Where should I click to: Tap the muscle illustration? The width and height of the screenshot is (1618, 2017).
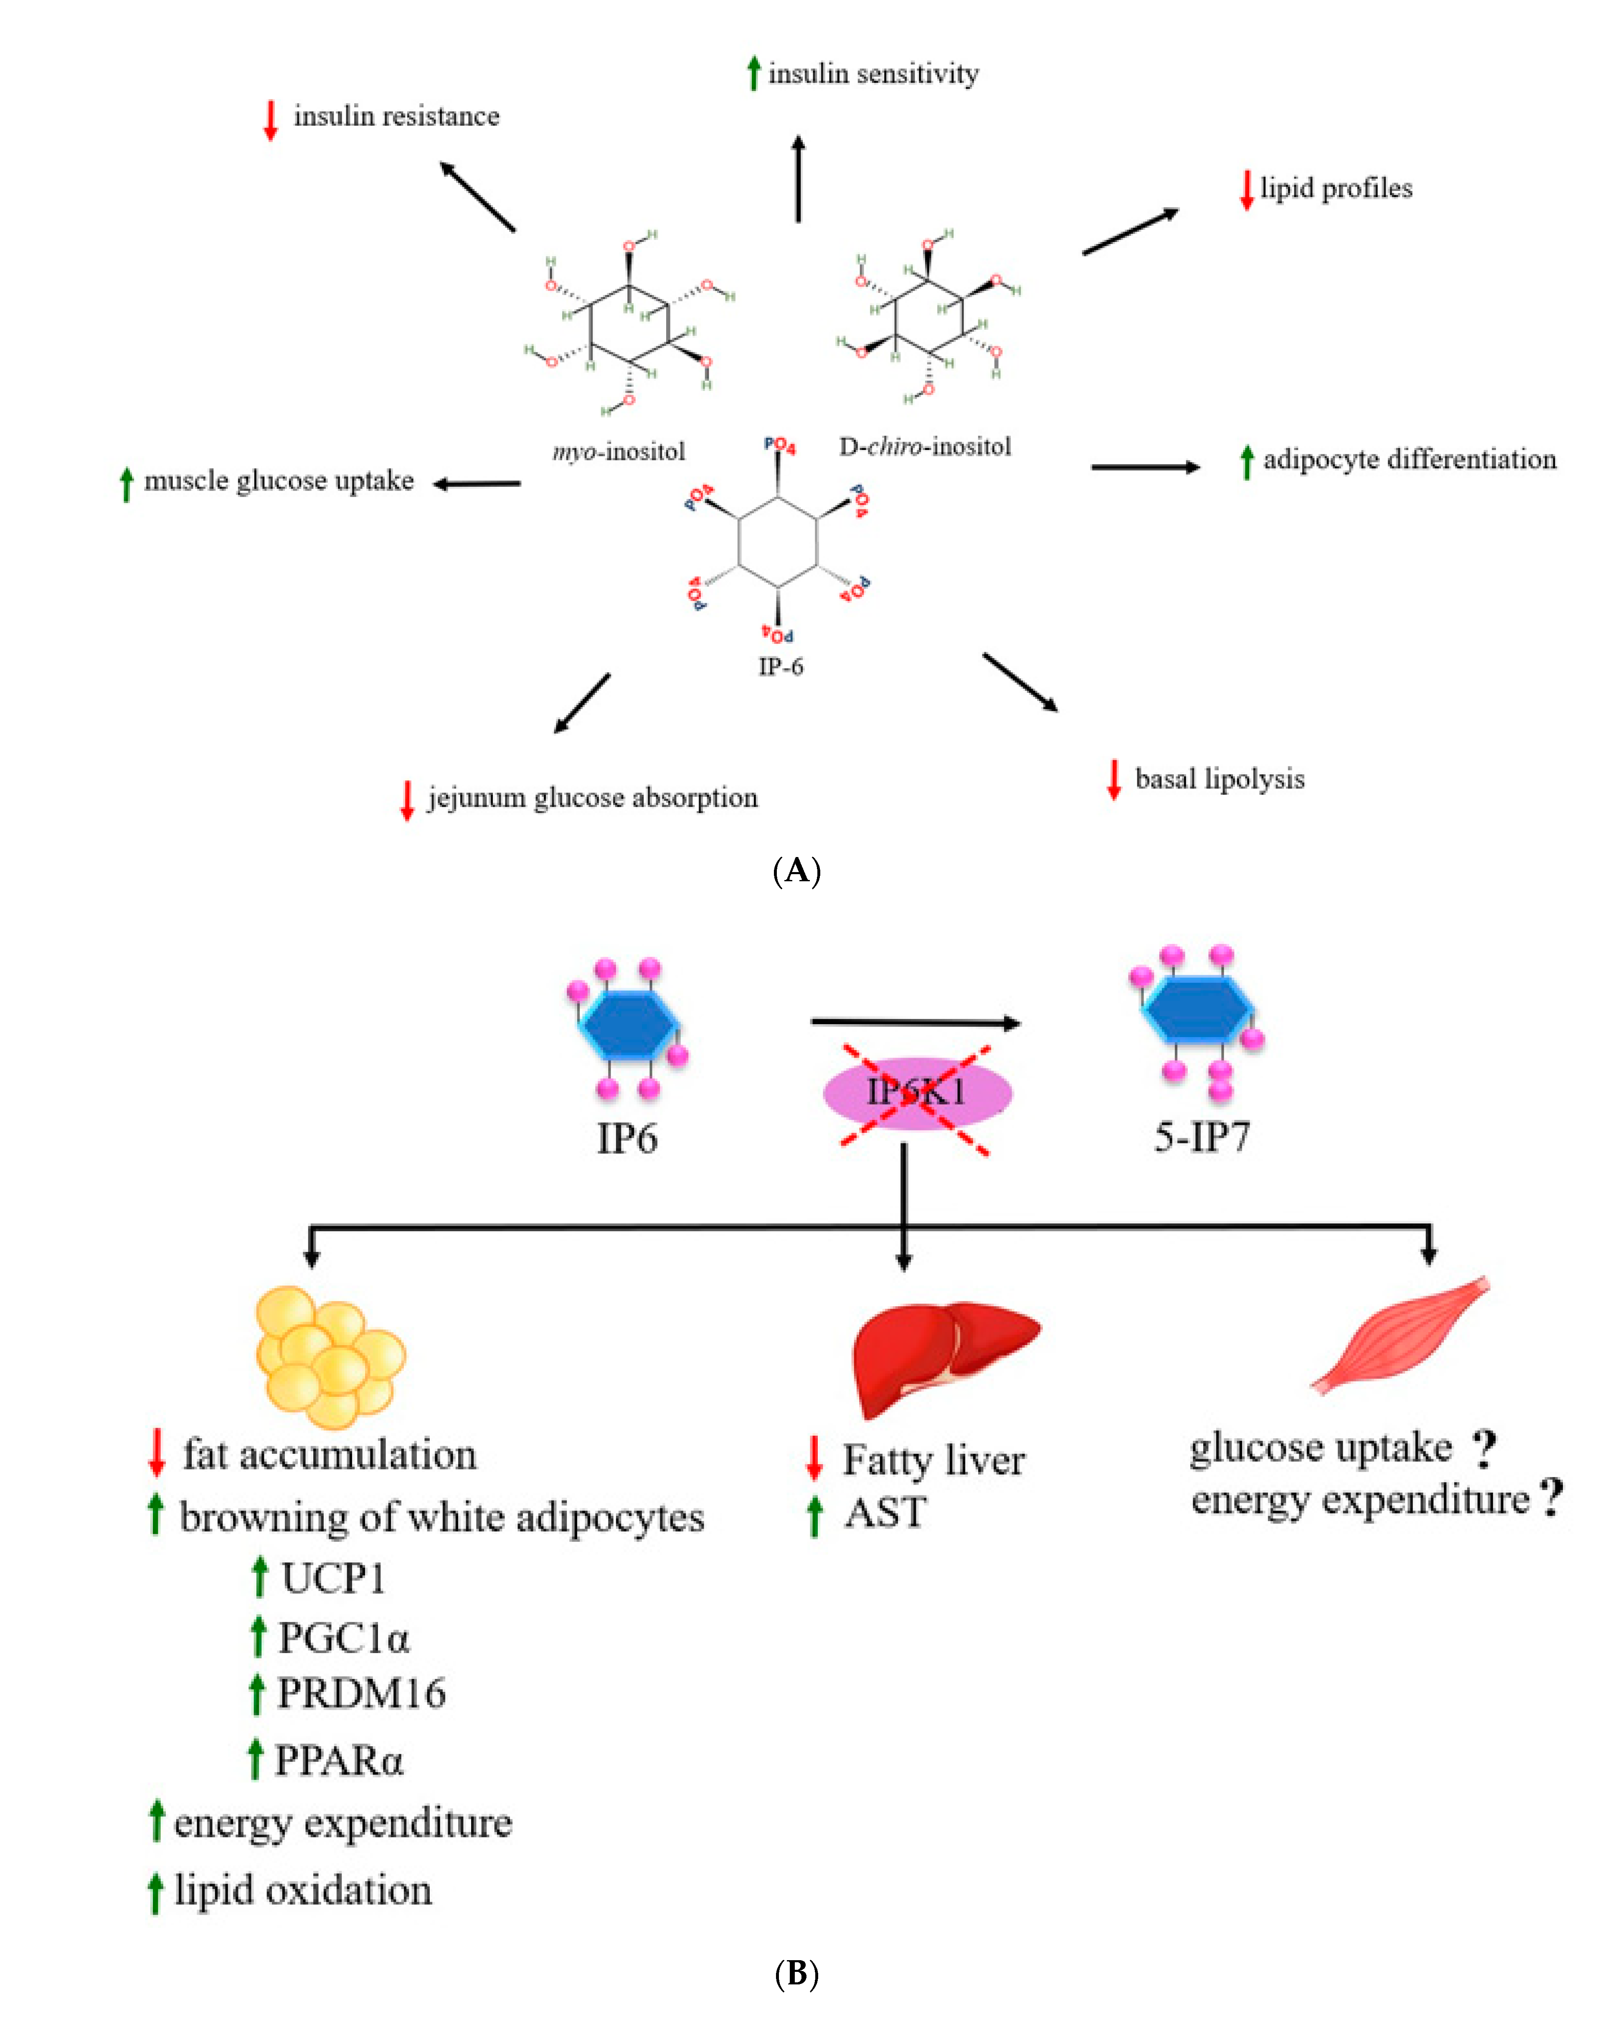[x=1400, y=1335]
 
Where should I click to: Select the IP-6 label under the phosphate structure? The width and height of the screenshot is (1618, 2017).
[x=780, y=666]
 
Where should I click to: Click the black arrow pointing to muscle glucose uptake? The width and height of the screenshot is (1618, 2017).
[x=477, y=483]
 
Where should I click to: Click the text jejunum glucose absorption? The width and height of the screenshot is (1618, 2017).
[x=592, y=798]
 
